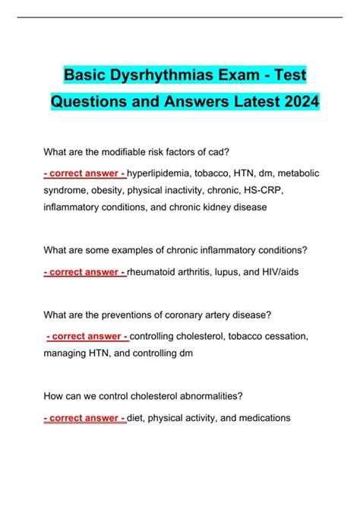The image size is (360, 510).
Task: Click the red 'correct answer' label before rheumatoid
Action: coord(85,272)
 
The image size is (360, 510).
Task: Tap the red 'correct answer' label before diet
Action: coord(85,418)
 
